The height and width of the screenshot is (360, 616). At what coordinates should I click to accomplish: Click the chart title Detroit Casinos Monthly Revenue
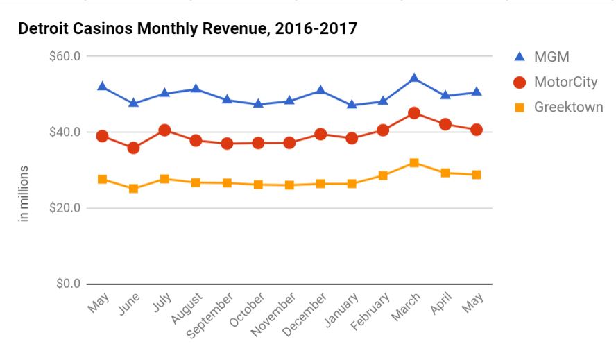pos(187,29)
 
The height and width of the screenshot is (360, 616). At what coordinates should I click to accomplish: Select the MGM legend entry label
pos(551,57)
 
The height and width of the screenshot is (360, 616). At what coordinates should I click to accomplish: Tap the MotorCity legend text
pos(565,82)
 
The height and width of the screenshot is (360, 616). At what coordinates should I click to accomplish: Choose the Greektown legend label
pos(568,107)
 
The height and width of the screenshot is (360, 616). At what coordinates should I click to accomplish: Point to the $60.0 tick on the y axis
pos(65,56)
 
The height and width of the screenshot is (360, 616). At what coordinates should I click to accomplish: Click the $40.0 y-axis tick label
pos(65,132)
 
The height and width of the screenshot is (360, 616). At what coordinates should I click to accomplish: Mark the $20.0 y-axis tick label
pos(65,208)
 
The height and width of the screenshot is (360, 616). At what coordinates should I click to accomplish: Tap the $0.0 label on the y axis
pos(67,284)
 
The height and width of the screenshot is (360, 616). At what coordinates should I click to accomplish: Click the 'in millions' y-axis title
pos(24,194)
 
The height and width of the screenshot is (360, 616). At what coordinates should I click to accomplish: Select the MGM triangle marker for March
pos(414,78)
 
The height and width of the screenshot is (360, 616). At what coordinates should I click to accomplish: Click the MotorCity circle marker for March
pos(414,113)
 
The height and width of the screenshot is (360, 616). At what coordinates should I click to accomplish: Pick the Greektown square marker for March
pos(414,163)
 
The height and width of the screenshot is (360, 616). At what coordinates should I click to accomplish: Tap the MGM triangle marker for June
pos(133,103)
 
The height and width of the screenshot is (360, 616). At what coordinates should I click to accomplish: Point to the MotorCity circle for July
pos(164,130)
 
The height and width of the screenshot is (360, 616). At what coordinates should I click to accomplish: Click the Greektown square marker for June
pos(133,188)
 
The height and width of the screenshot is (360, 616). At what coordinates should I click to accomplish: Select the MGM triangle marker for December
pos(320,89)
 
